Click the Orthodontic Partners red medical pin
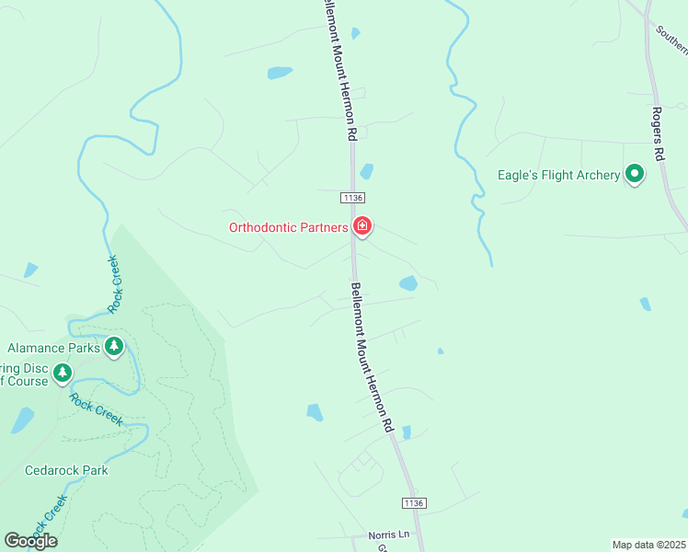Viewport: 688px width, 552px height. [x=362, y=226]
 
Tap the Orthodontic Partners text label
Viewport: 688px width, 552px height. [x=288, y=227]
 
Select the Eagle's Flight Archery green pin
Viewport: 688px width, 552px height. [x=634, y=173]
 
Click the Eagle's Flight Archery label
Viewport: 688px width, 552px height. [x=558, y=175]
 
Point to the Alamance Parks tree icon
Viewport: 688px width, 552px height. [x=114, y=347]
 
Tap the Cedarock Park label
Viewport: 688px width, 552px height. [x=67, y=470]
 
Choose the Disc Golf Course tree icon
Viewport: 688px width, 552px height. [x=63, y=373]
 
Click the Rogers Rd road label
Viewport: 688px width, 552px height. [x=658, y=133]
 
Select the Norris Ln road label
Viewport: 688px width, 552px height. [x=390, y=534]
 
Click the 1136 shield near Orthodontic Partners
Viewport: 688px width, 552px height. [x=353, y=198]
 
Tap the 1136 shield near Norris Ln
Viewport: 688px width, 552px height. [x=415, y=502]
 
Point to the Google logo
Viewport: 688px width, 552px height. [x=30, y=541]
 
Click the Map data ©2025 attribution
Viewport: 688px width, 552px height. [x=649, y=545]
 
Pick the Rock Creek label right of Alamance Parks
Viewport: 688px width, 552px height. [x=115, y=284]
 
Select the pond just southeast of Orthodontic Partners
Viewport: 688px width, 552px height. [x=407, y=282]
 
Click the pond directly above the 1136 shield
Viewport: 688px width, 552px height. [x=367, y=171]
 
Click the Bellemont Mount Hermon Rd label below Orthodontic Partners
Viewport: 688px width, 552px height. [x=372, y=357]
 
